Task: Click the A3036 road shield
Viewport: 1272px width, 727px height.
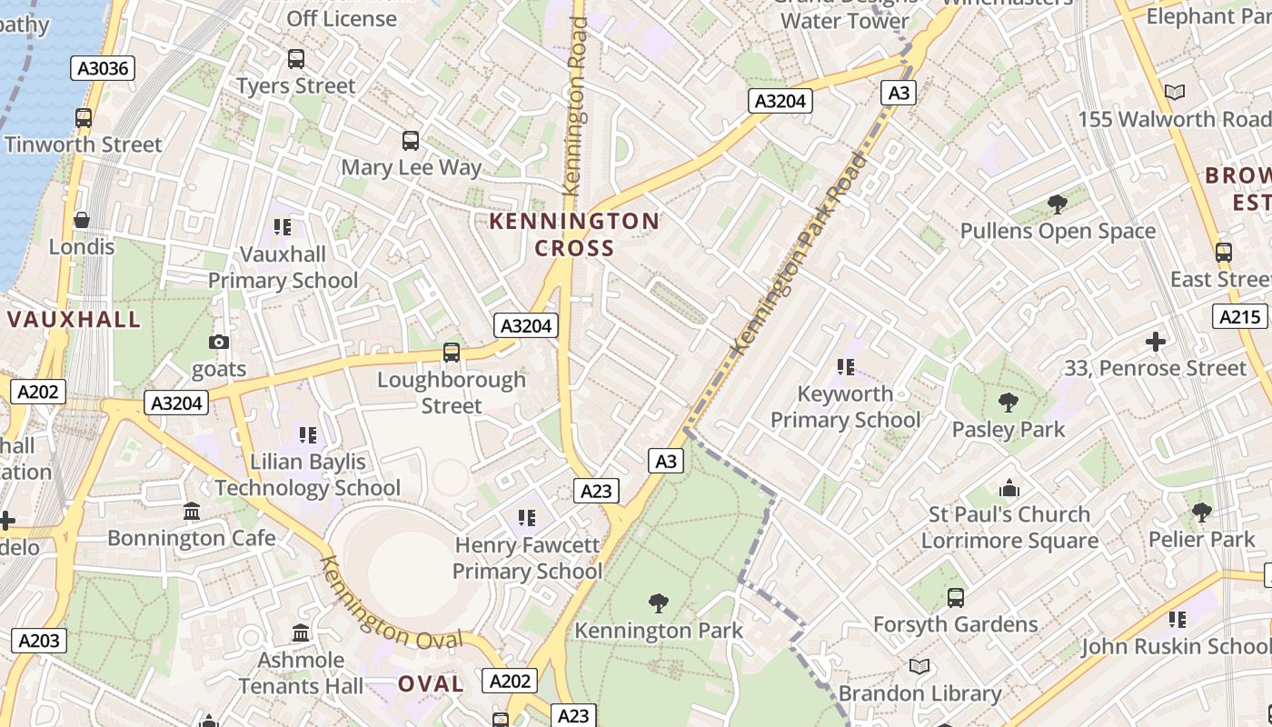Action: (103, 68)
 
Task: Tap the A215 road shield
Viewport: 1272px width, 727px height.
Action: (1239, 316)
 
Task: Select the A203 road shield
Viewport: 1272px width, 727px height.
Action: (38, 641)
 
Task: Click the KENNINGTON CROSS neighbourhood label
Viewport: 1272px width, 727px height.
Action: (574, 234)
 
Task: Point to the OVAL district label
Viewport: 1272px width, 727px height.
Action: (431, 683)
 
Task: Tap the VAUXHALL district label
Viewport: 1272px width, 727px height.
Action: (75, 319)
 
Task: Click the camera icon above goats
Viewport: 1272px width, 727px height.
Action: (219, 342)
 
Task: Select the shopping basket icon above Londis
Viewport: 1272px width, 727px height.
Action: (82, 220)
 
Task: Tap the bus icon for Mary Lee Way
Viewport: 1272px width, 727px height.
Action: (411, 141)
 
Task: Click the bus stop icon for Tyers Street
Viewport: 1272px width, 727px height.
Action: (296, 59)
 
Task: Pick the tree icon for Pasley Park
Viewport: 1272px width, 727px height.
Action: (1008, 402)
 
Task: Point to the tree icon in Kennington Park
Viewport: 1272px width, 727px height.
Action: (659, 603)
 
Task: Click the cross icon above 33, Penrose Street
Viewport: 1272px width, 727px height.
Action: (1155, 342)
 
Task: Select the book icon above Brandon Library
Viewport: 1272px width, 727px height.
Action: (919, 667)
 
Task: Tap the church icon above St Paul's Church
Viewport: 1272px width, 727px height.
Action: (1009, 488)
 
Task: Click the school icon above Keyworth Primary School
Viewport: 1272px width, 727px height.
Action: (846, 367)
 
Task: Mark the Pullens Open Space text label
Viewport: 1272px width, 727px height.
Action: (1058, 231)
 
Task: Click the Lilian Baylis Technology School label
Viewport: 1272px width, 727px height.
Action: (308, 474)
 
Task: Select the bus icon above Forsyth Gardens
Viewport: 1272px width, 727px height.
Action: (955, 598)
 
